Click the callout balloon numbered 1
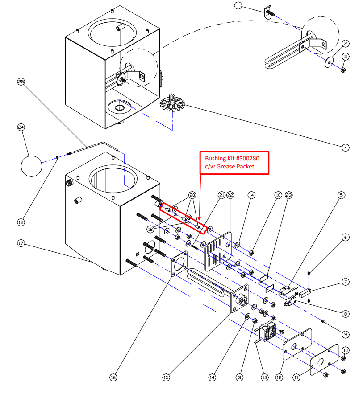(238, 6)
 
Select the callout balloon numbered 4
(346, 147)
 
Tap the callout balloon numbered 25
(21, 82)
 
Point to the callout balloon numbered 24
(21, 127)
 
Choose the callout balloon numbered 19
(21, 222)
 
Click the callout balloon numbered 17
(21, 244)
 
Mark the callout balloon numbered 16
(113, 377)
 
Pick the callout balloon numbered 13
(265, 377)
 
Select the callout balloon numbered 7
(346, 282)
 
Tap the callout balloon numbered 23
(289, 195)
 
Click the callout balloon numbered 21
(221, 195)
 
